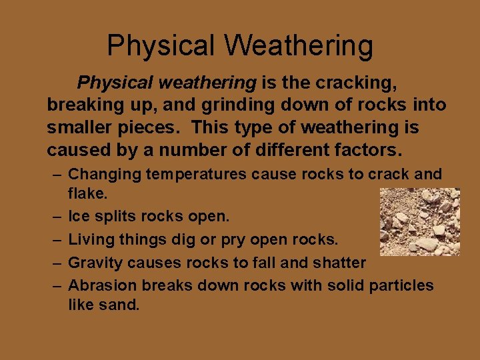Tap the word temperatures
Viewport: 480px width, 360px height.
[x=193, y=175]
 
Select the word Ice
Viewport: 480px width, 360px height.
[x=78, y=217]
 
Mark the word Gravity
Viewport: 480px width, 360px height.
[x=95, y=263]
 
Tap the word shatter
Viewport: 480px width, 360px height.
[x=341, y=263]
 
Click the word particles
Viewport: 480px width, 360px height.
[x=402, y=286]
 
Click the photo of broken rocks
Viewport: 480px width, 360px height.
[x=419, y=221]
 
